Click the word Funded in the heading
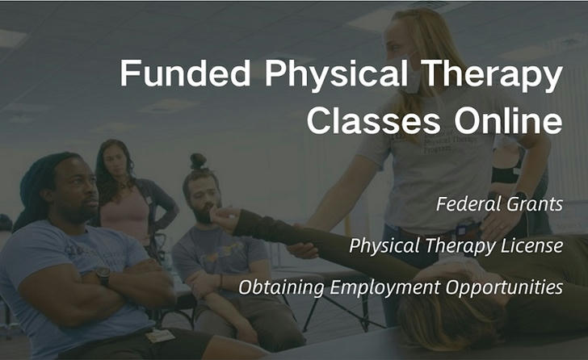(x=185, y=73)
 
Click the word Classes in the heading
(x=373, y=120)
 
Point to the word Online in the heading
(x=509, y=119)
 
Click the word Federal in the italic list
(x=468, y=204)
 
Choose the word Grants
(x=535, y=204)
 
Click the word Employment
(x=384, y=287)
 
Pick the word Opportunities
(x=504, y=287)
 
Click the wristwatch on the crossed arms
(x=103, y=276)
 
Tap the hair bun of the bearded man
(x=198, y=161)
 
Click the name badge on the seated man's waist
(x=160, y=335)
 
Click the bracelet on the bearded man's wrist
(x=221, y=282)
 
